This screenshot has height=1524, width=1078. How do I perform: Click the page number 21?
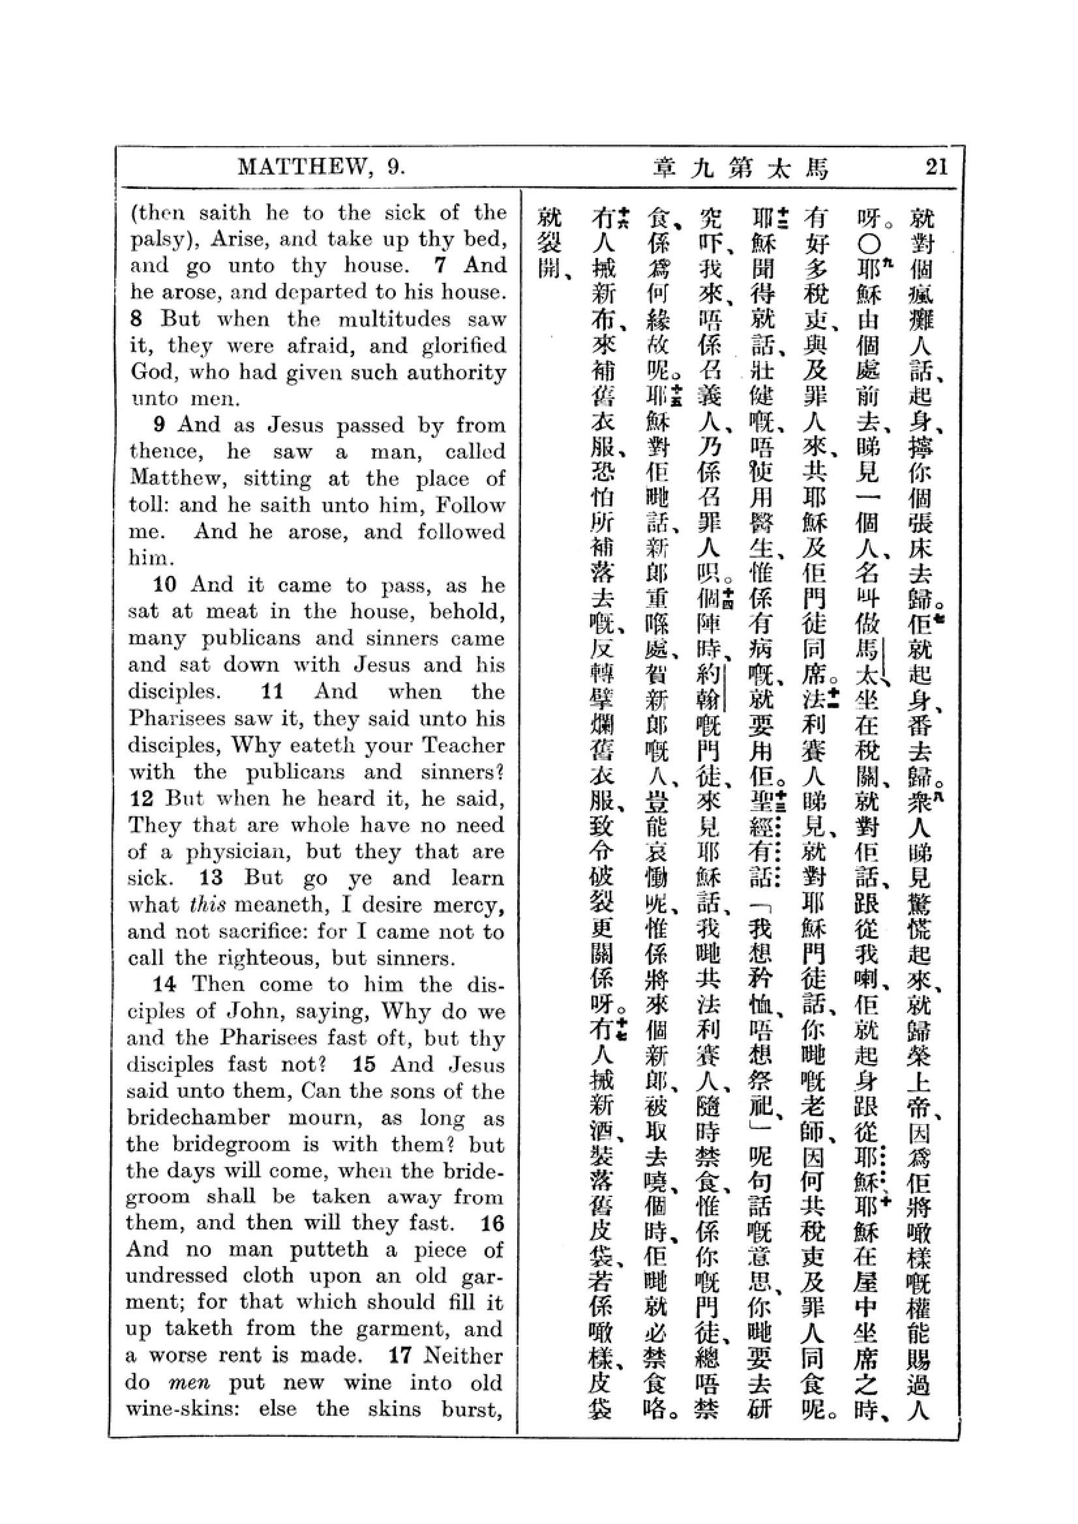click(x=936, y=167)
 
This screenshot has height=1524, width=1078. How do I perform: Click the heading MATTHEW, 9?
click(x=322, y=167)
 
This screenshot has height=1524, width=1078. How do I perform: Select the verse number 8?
click(x=136, y=319)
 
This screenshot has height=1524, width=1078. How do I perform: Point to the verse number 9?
click(x=158, y=425)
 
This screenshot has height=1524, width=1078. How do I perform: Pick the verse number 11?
click(x=273, y=692)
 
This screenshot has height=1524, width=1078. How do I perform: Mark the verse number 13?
click(x=211, y=878)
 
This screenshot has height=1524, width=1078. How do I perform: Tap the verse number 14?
click(x=166, y=985)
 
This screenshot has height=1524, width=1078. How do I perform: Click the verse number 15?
click(x=365, y=1065)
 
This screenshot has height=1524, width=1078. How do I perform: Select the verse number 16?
click(x=493, y=1224)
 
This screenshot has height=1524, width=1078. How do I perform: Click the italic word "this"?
click(x=200, y=905)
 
